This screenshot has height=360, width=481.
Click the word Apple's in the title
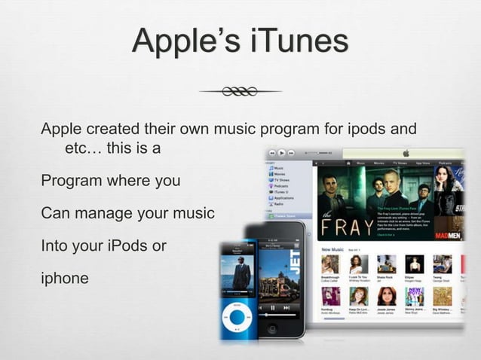(x=185, y=41)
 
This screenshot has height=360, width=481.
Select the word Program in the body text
(x=71, y=182)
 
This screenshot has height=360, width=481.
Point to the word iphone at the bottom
(x=65, y=278)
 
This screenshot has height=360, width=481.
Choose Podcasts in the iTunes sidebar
(x=280, y=185)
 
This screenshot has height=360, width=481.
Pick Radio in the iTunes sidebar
(x=278, y=204)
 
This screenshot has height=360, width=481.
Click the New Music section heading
(x=332, y=249)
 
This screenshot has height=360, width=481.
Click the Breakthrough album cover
(x=329, y=264)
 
